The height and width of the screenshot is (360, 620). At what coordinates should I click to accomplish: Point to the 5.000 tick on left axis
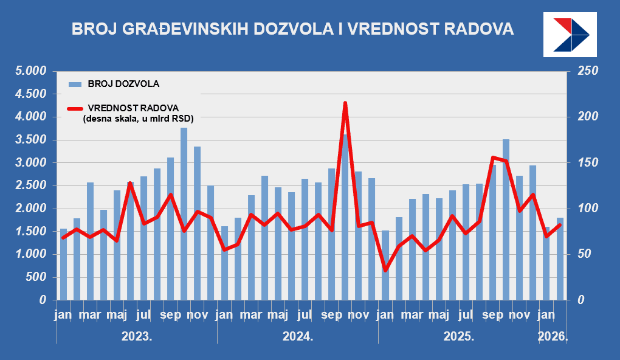point(31,72)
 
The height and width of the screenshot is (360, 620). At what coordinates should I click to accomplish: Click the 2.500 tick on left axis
point(31,186)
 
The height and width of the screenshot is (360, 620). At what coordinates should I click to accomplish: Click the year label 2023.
point(137,336)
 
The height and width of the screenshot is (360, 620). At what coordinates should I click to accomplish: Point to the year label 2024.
point(298,336)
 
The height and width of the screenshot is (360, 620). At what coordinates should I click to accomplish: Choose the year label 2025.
point(459,336)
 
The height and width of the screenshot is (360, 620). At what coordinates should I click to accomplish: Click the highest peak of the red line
point(345,103)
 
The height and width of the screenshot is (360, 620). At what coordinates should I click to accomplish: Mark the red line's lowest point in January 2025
point(385,269)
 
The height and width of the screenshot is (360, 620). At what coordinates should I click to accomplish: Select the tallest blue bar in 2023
point(184,213)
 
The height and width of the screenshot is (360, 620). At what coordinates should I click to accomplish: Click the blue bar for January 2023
point(63,265)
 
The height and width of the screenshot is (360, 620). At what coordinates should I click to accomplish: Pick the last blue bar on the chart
point(560,258)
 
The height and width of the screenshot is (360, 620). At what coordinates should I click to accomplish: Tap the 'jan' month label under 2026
point(547,315)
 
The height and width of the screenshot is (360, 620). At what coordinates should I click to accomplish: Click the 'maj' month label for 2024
point(278,315)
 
